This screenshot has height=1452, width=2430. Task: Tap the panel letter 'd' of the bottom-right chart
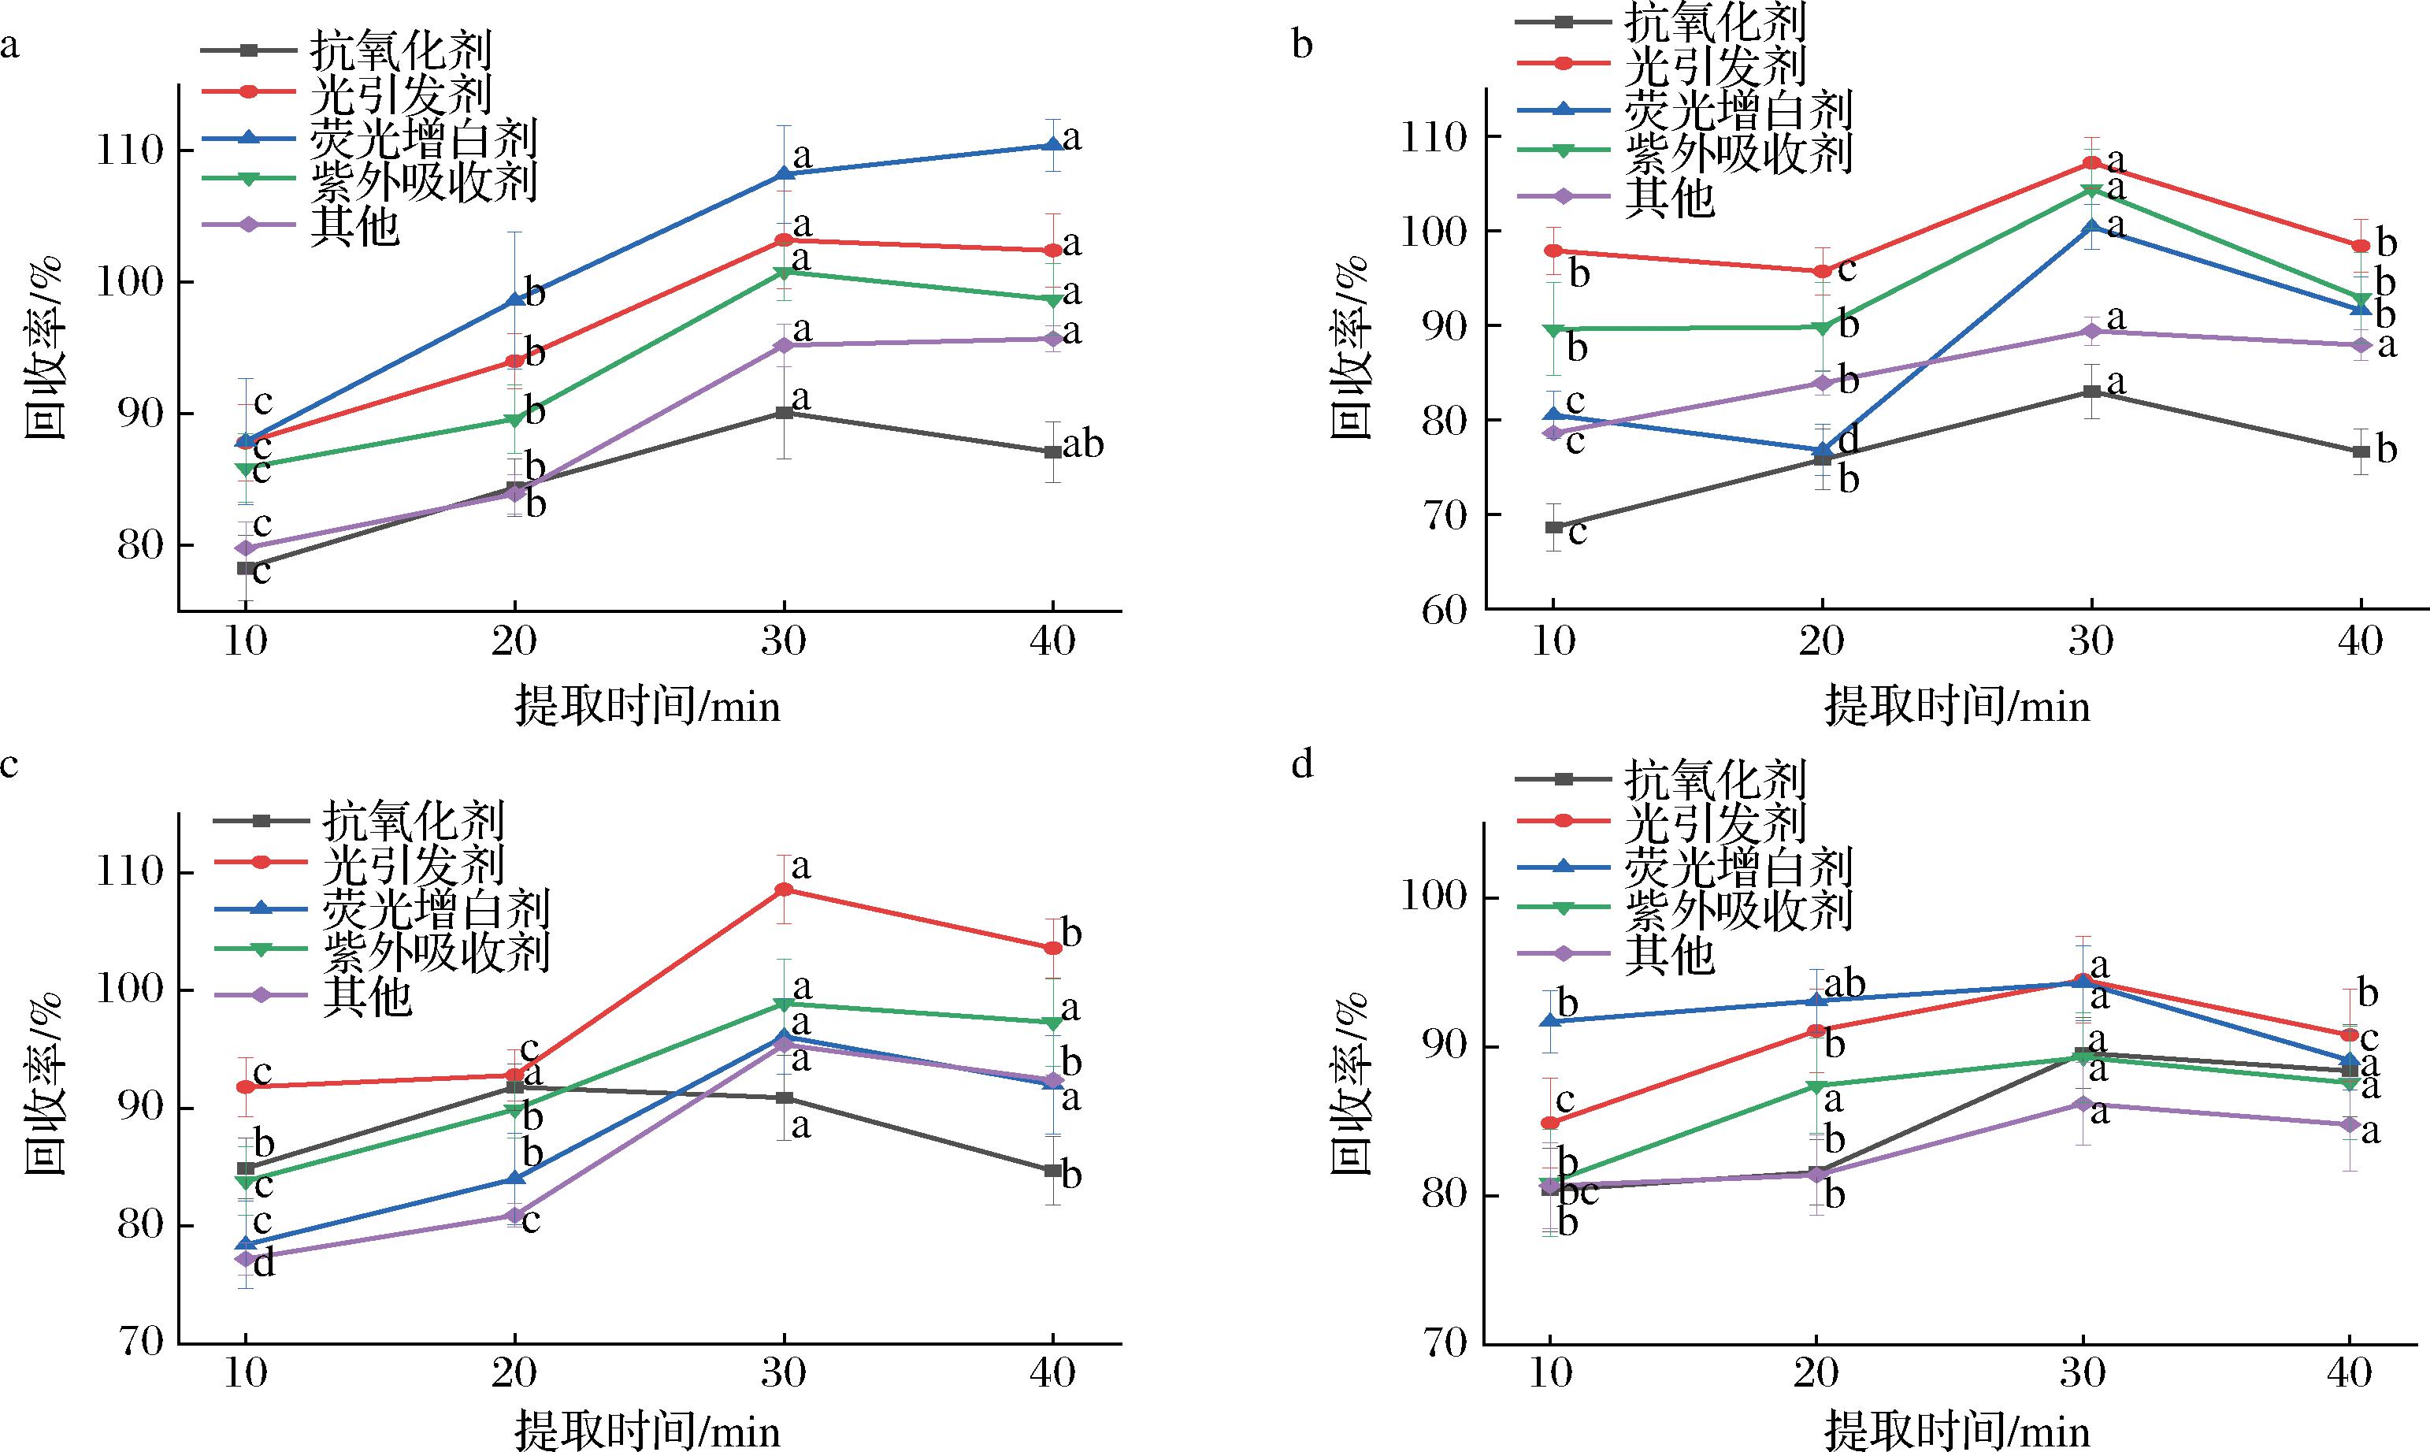(1302, 764)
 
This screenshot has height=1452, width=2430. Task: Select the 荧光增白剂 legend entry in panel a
(423, 138)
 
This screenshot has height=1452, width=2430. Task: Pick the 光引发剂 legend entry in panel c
(412, 862)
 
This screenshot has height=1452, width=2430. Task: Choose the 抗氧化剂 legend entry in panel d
(1714, 780)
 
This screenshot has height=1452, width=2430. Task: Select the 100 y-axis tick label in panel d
(1435, 898)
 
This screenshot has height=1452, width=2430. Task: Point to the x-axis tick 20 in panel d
(1816, 1372)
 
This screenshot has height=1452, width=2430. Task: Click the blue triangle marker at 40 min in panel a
(1052, 145)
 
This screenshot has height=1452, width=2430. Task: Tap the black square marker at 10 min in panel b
(1553, 526)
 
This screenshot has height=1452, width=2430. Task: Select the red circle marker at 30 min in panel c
(784, 889)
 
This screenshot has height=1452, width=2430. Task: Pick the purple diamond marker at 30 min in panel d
(2083, 1104)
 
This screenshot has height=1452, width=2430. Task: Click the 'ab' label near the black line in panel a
(1083, 445)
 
